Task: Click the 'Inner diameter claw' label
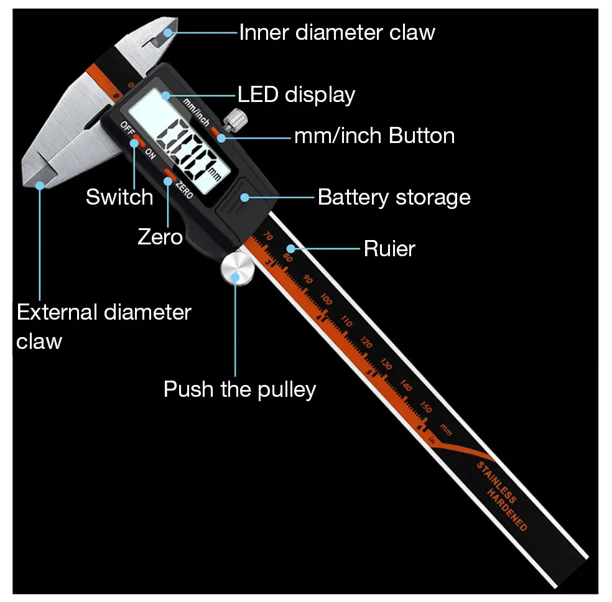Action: click(336, 32)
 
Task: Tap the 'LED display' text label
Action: click(296, 95)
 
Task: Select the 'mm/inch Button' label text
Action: click(374, 136)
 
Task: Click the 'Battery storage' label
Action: click(394, 197)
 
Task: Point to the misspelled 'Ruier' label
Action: click(389, 249)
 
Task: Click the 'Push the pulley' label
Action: click(239, 389)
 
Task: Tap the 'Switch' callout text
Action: click(119, 197)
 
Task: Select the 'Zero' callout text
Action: click(160, 236)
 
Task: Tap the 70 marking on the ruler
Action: click(268, 236)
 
